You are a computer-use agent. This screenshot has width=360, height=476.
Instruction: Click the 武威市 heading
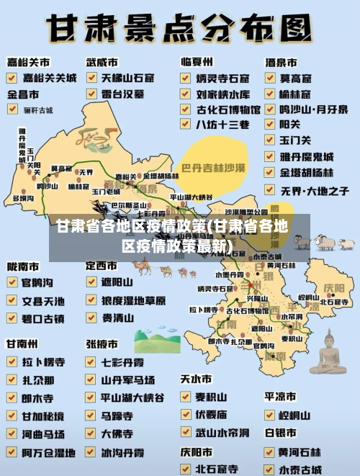102,62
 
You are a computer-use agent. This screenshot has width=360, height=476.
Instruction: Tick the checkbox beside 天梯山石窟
91,77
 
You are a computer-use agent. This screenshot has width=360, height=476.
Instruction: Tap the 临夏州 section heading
196,62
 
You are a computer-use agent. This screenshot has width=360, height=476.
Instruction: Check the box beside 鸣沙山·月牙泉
269,109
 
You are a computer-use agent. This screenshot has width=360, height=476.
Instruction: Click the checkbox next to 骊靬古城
13,109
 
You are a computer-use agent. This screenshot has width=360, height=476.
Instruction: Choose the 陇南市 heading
23,266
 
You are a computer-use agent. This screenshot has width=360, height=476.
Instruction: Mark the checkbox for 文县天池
12,300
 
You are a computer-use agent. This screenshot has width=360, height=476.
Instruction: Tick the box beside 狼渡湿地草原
91,300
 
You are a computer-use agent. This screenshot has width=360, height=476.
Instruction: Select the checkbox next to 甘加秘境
12,416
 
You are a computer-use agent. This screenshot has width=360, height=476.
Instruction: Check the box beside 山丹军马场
91,379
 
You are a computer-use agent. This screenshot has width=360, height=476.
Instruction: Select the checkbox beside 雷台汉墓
91,94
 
